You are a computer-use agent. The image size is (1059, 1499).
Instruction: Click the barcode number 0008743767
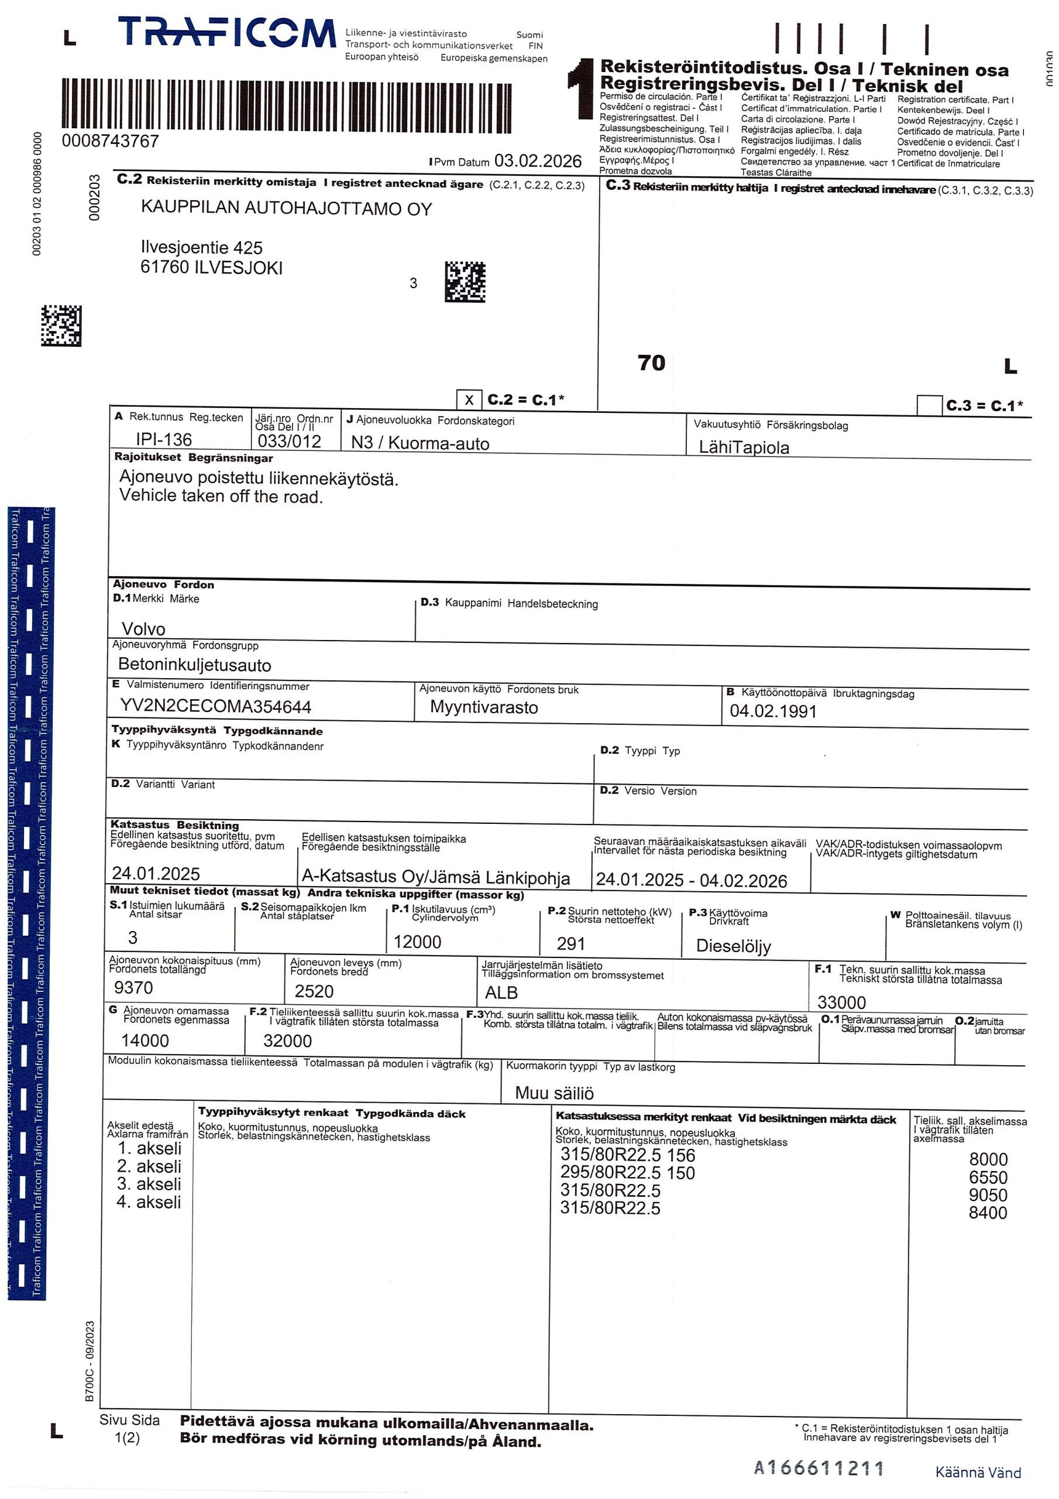point(110,141)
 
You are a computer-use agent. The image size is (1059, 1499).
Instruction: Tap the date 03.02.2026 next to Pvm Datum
point(538,160)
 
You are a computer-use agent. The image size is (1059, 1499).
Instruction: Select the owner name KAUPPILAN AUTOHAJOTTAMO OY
point(287,209)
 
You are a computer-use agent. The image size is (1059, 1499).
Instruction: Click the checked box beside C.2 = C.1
point(469,400)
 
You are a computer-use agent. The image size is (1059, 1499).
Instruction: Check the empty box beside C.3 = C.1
point(929,405)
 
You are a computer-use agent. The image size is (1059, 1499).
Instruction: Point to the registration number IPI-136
point(164,439)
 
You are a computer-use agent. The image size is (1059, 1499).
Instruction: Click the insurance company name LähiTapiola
point(744,447)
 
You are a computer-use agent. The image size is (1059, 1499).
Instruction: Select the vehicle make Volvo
point(143,629)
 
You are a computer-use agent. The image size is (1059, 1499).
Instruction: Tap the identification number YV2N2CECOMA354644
point(216,706)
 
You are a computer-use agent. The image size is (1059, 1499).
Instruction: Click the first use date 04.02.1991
point(773,711)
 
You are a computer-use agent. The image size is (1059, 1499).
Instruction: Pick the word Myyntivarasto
point(484,707)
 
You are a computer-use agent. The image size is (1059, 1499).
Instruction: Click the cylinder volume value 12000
point(418,942)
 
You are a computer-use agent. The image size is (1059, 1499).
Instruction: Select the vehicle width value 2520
point(314,991)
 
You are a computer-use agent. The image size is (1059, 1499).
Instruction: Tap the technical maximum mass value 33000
point(842,1002)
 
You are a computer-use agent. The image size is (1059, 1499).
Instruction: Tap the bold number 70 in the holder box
point(651,362)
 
